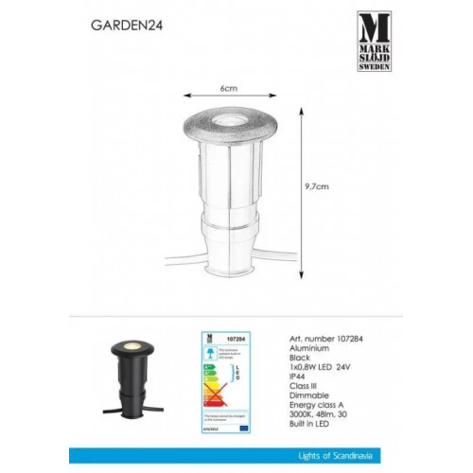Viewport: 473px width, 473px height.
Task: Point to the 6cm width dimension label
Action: pyautogui.click(x=228, y=87)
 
